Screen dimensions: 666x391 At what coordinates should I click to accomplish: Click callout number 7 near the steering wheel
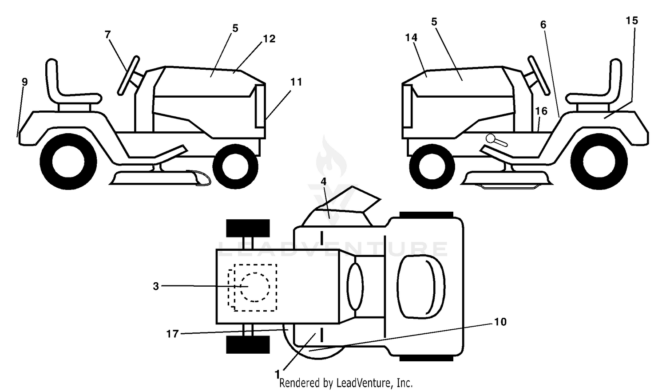(107, 35)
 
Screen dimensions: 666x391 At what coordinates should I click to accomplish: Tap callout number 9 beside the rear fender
(25, 82)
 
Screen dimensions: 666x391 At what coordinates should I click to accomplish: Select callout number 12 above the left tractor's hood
(270, 39)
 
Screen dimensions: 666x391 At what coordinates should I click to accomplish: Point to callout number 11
(296, 82)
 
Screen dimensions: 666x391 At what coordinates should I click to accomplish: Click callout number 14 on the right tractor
(411, 37)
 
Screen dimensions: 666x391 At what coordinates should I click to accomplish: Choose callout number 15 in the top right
(632, 20)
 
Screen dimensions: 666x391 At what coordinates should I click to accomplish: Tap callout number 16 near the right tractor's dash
(541, 111)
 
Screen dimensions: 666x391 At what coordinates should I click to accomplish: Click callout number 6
(543, 25)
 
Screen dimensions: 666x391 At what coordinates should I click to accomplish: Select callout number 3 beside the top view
(156, 286)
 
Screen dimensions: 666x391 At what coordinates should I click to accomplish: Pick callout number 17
(172, 334)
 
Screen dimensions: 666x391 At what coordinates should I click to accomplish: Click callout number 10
(500, 322)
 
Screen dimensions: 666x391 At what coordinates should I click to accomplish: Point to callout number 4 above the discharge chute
(324, 181)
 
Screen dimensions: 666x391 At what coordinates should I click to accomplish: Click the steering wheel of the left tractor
(128, 75)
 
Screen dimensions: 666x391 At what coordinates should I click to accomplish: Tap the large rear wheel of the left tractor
(68, 162)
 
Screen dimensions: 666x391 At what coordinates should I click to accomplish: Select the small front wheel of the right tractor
(432, 167)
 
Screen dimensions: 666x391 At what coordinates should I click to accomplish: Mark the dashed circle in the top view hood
(255, 287)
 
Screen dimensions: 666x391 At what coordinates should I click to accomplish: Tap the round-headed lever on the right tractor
(496, 140)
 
